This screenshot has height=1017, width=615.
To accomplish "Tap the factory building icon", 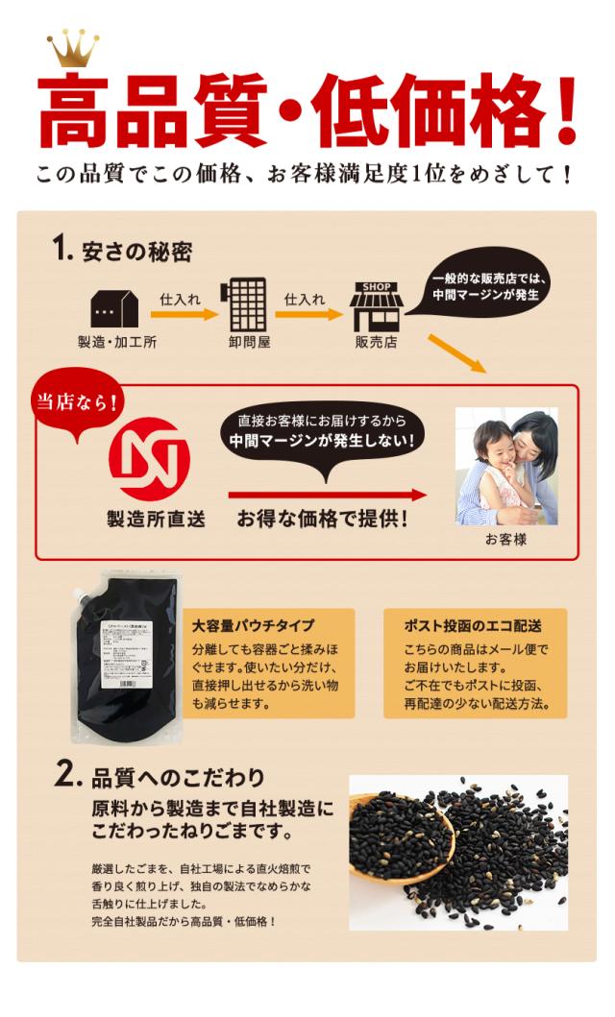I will [114, 306].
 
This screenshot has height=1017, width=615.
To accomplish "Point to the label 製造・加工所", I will [116, 343].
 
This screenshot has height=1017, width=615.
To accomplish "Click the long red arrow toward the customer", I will [327, 496].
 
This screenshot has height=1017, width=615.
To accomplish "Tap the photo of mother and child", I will [505, 467].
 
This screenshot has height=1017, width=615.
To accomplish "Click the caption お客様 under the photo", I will [505, 540].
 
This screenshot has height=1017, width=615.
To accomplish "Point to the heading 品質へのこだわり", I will [178, 775].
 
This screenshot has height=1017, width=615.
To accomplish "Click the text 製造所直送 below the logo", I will [155, 521].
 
